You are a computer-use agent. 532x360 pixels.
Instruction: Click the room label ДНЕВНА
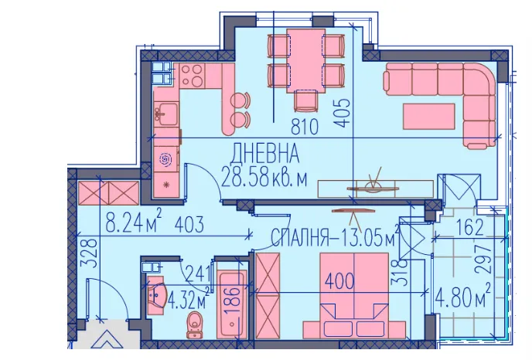click(x=265, y=153)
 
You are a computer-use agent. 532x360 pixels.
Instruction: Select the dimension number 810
click(x=305, y=127)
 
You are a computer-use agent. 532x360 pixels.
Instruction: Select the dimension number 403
click(x=189, y=224)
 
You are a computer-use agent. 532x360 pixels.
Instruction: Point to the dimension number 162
click(x=470, y=227)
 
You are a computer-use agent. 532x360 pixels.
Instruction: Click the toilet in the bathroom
click(x=195, y=324)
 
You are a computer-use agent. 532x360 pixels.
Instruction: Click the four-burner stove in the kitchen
click(x=192, y=75)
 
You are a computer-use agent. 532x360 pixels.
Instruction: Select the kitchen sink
click(x=165, y=114)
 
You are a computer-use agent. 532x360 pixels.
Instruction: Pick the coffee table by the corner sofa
click(x=429, y=117)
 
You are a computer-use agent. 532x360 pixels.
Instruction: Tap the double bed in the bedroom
click(x=354, y=296)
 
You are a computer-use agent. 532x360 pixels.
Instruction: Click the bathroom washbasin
click(x=156, y=295)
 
